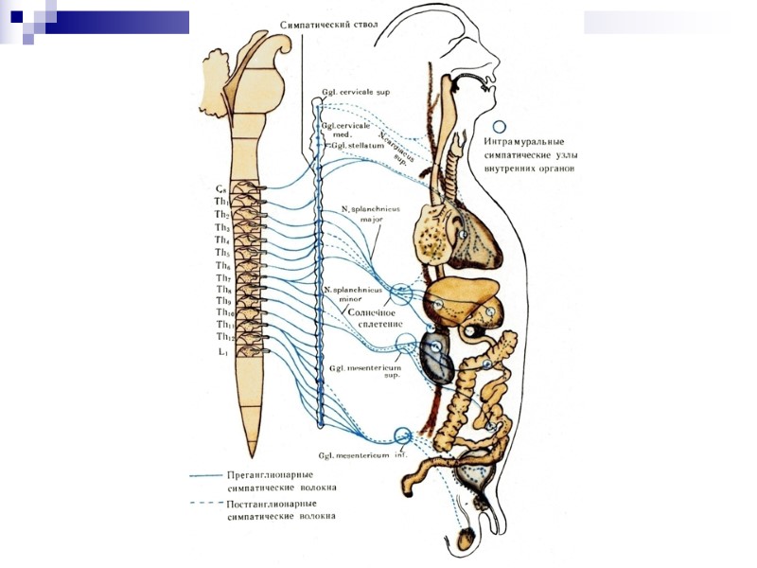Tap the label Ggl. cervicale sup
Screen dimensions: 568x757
[356, 92]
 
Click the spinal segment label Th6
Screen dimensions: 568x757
[222, 267]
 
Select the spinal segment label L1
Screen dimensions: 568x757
[222, 352]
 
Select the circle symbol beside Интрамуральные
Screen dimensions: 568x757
[501, 129]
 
